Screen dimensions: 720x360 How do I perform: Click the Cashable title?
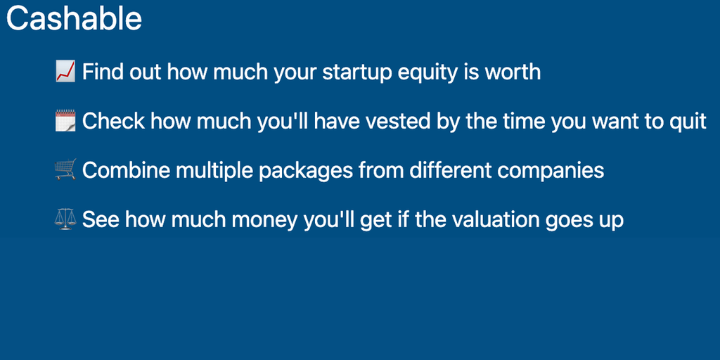point(74,19)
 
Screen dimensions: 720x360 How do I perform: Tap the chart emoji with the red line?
point(65,72)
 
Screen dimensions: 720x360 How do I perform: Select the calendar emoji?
point(65,121)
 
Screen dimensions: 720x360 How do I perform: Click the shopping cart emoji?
point(65,170)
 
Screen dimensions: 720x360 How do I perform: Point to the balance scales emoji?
point(65,219)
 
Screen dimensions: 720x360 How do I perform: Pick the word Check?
point(113,121)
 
